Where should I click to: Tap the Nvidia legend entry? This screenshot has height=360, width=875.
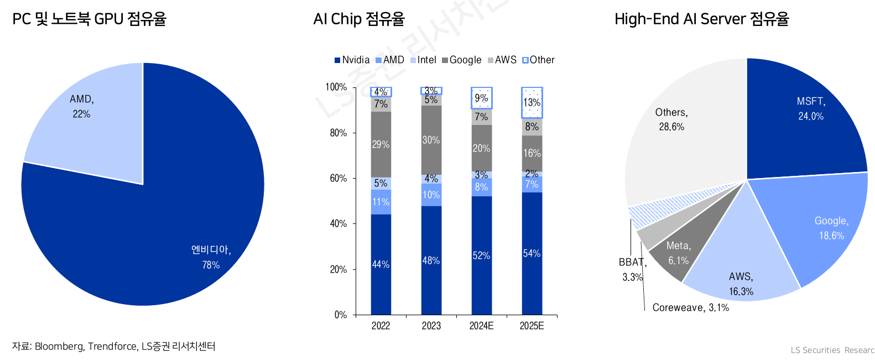pyautogui.click(x=352, y=60)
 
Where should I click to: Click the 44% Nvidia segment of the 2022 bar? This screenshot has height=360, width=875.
pyautogui.click(x=381, y=264)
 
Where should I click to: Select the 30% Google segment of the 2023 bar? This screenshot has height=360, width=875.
pyautogui.click(x=431, y=140)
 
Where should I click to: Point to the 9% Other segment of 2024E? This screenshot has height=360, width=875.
pyautogui.click(x=481, y=98)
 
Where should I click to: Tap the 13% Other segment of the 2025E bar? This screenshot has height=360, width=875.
pyautogui.click(x=532, y=102)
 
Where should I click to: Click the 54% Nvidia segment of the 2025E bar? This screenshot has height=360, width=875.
pyautogui.click(x=532, y=253)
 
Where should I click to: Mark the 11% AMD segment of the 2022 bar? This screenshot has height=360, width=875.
pyautogui.click(x=381, y=202)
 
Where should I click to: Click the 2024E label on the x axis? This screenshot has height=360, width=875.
pyautogui.click(x=481, y=326)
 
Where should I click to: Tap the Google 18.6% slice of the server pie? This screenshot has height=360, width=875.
pyautogui.click(x=824, y=227)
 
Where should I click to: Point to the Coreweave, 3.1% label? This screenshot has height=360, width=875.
pyautogui.click(x=690, y=307)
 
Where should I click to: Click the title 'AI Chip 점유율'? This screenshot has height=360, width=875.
pyautogui.click(x=359, y=19)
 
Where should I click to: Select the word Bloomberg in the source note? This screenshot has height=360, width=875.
pyautogui.click(x=59, y=346)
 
